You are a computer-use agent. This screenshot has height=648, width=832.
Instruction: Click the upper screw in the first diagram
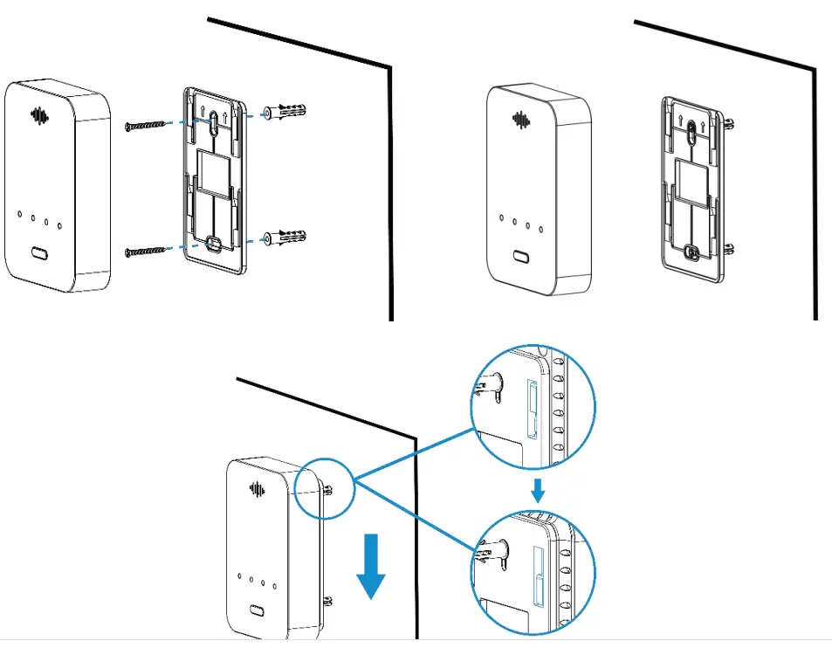tap(146, 127)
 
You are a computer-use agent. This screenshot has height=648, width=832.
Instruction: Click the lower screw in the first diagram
tap(146, 252)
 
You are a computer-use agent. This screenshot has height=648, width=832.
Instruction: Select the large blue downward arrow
tap(372, 572)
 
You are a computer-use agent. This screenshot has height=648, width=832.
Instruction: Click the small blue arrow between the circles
tap(538, 492)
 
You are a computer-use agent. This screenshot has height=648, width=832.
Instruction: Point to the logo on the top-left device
tap(38, 115)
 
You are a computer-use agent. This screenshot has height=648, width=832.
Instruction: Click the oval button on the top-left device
tap(39, 253)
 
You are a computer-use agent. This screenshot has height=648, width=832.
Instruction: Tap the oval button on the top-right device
tap(521, 258)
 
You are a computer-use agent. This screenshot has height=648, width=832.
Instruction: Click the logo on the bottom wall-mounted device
tap(258, 489)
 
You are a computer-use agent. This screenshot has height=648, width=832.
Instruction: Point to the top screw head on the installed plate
tap(691, 132)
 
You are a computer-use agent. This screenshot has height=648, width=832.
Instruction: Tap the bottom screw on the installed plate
tap(692, 252)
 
